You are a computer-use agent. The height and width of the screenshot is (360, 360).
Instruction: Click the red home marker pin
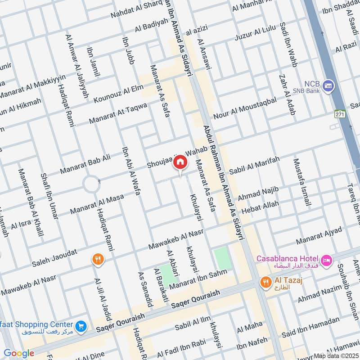pyautogui.click(x=180, y=162)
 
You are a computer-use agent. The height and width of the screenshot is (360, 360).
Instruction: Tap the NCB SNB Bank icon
pyautogui.click(x=328, y=85)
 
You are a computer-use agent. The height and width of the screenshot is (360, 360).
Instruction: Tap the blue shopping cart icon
pyautogui.click(x=81, y=325)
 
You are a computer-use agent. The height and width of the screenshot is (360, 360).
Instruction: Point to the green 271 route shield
pyautogui.click(x=339, y=114)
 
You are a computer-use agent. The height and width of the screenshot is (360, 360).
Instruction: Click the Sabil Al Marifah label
pyautogui.click(x=254, y=166)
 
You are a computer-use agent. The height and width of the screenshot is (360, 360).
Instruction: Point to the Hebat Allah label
pyautogui.click(x=260, y=207)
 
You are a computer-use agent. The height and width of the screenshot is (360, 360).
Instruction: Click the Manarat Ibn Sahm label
pyautogui.click(x=202, y=277)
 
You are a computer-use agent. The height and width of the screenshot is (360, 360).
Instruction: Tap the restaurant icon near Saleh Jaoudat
pyautogui.click(x=98, y=259)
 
